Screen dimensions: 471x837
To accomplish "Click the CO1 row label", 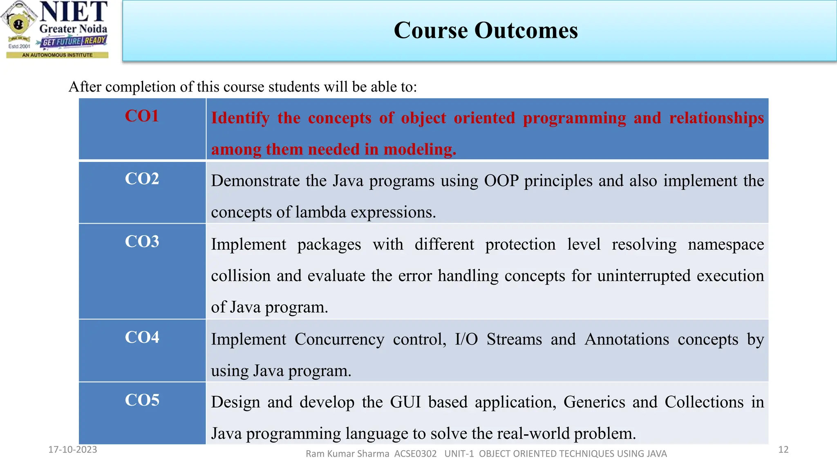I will pyautogui.click(x=141, y=116).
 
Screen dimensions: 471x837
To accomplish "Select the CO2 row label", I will pyautogui.click(x=141, y=179).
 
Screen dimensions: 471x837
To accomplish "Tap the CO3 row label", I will pyautogui.click(x=141, y=242).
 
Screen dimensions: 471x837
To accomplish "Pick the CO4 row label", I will pyautogui.click(x=141, y=337).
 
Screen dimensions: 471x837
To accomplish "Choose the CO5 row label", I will pyautogui.click(x=141, y=400).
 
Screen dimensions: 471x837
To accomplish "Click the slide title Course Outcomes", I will pyautogui.click(x=486, y=30).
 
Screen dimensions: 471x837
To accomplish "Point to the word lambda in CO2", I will pyautogui.click(x=320, y=212).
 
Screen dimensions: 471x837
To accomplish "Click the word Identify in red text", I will pyautogui.click(x=240, y=118).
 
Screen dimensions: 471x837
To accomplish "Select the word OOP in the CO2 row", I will pyautogui.click(x=501, y=181).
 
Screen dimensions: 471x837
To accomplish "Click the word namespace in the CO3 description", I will pyautogui.click(x=726, y=244).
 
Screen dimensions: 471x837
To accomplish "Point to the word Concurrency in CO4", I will pyautogui.click(x=339, y=339).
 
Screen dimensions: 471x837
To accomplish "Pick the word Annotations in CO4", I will pyautogui.click(x=627, y=339).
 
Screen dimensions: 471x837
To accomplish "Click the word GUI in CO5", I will pyautogui.click(x=405, y=402).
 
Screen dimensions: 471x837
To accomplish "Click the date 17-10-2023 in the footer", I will pyautogui.click(x=73, y=450).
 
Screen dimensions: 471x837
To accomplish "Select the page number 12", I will pyautogui.click(x=783, y=450).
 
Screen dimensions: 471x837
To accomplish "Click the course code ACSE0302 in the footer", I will pyautogui.click(x=415, y=454).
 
